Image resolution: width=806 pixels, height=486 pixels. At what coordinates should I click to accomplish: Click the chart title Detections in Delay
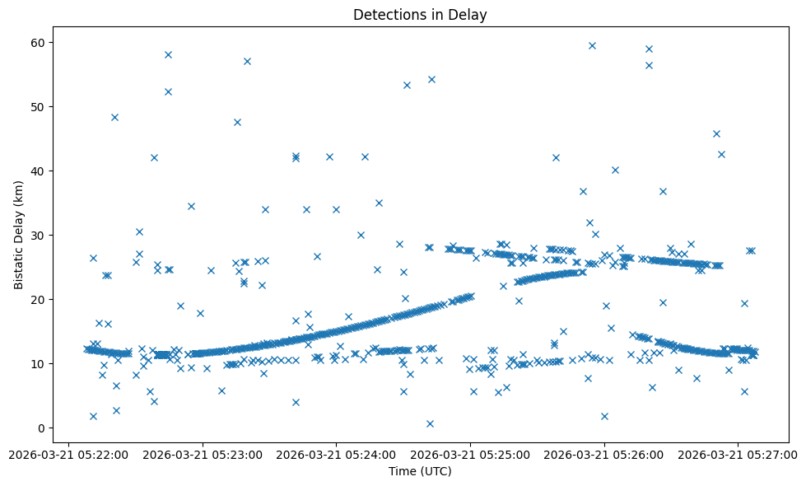pyautogui.click(x=420, y=15)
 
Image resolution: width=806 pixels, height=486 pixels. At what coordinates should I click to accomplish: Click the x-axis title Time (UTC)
pyautogui.click(x=420, y=471)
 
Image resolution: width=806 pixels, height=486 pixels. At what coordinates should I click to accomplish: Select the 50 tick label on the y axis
pyautogui.click(x=38, y=106)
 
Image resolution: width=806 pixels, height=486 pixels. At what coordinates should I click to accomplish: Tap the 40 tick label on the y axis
pyautogui.click(x=38, y=171)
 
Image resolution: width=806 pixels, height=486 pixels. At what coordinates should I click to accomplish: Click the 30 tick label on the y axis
pyautogui.click(x=38, y=235)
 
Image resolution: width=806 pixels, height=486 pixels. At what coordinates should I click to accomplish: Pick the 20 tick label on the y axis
pyautogui.click(x=38, y=299)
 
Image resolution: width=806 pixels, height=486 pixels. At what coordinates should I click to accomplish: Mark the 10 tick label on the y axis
pyautogui.click(x=38, y=363)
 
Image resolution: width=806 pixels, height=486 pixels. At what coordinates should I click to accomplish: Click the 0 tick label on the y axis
pyautogui.click(x=41, y=428)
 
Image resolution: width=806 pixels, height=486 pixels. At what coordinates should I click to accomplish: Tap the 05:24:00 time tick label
pyautogui.click(x=337, y=454)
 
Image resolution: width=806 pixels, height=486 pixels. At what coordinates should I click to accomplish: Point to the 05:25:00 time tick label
pyautogui.click(x=471, y=454)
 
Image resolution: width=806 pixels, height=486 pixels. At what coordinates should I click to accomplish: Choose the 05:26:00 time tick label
pyautogui.click(x=605, y=454)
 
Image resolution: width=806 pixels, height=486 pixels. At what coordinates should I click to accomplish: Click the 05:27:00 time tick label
pyautogui.click(x=738, y=454)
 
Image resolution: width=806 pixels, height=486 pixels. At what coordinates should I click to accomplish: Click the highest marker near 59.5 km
pyautogui.click(x=592, y=45)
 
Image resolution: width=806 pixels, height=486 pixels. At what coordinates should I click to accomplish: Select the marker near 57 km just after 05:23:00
pyautogui.click(x=247, y=61)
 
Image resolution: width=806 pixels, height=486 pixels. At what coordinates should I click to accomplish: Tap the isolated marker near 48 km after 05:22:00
pyautogui.click(x=114, y=117)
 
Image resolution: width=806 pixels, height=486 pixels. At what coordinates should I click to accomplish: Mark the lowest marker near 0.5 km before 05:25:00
pyautogui.click(x=430, y=423)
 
